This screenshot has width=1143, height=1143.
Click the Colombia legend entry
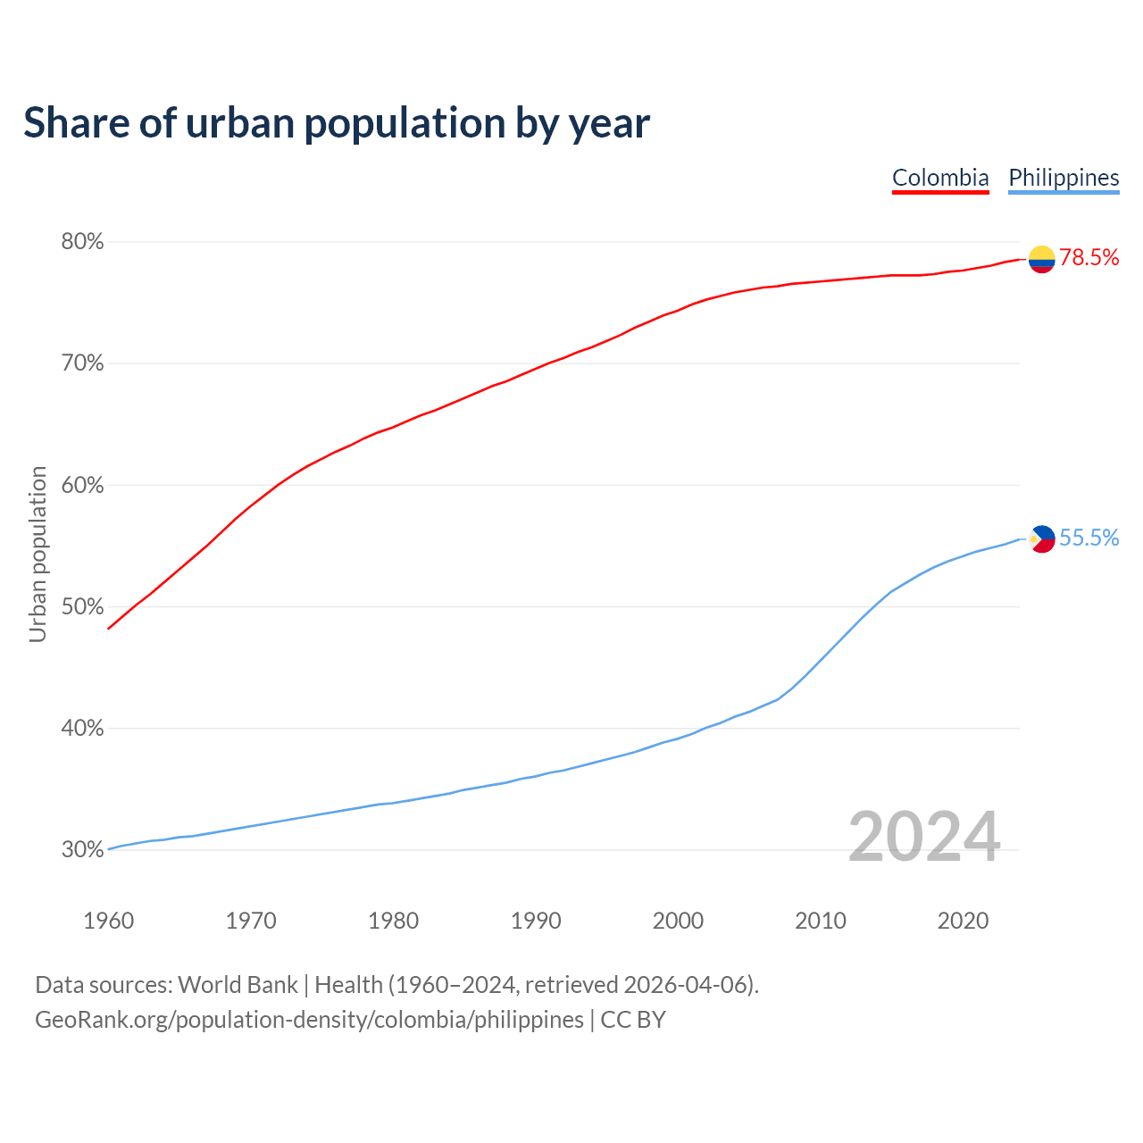point(940,178)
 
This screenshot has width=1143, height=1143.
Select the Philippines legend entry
point(1064,178)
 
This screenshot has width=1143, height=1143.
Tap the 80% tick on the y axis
point(82,242)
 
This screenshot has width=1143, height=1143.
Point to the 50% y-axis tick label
point(82,607)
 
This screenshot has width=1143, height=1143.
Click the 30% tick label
point(82,850)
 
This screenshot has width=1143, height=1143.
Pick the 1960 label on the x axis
point(108,921)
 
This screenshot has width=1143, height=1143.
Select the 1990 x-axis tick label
point(536,921)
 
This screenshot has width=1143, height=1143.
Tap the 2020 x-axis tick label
point(963,921)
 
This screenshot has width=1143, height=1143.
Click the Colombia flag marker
point(1041,259)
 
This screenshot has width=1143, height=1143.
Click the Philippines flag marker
point(1041,538)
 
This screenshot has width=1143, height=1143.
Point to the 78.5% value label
point(1089,258)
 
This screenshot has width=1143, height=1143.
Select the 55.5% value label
point(1089,538)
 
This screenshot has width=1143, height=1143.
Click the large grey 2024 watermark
point(923,838)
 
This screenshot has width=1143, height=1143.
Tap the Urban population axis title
point(38,554)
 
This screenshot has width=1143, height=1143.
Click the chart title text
point(336,123)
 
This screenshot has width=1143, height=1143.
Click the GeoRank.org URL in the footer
point(309,1020)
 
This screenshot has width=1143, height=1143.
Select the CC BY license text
point(633,1020)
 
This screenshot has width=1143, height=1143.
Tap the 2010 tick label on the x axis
point(821,921)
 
